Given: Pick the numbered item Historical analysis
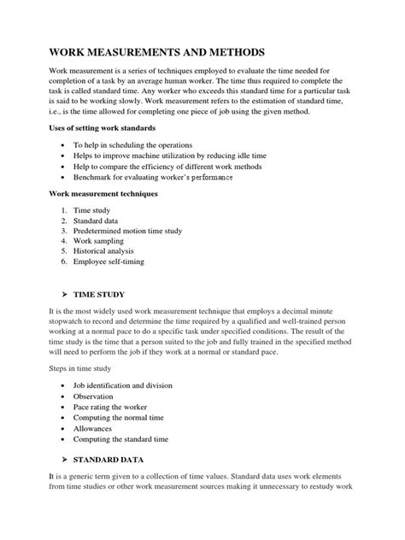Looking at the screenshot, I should pos(115,251).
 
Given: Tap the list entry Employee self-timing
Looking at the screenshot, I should pos(120,261).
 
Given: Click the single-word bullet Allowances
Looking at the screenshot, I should pos(104,429).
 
